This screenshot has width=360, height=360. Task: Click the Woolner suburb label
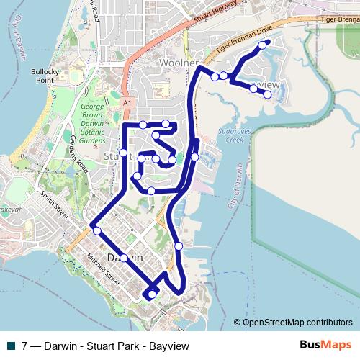point(178,63)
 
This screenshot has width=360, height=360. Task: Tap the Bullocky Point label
point(44,76)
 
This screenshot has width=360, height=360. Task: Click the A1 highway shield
point(127,103)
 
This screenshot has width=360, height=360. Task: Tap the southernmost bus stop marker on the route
point(151,294)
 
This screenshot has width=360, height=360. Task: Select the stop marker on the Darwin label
point(124,258)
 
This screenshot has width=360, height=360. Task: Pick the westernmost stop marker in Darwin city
point(96,231)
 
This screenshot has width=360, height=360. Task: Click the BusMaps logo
point(324,345)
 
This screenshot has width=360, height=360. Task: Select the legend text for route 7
point(106,346)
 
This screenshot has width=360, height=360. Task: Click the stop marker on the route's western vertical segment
point(123,153)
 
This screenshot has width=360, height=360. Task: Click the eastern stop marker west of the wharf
point(179,246)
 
